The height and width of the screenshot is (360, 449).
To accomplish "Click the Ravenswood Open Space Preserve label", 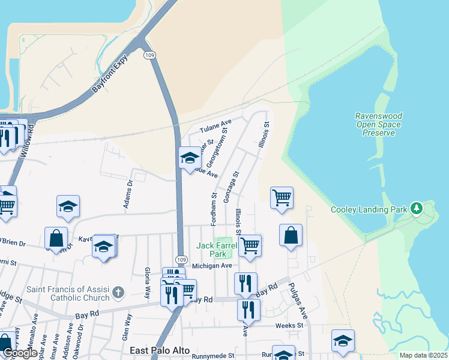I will [378, 124].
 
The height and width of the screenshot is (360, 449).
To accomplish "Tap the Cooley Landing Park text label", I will [369, 209].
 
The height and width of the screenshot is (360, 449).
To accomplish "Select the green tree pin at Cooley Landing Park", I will [415, 209].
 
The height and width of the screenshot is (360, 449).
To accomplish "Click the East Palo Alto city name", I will [160, 350].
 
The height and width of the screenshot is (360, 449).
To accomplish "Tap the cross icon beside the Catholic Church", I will [118, 293].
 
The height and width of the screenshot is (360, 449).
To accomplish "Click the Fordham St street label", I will [214, 209].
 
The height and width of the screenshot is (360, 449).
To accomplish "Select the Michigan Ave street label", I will [211, 265].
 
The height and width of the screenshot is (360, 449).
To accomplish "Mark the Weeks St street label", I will [289, 325].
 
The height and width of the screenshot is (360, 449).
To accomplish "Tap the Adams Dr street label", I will [127, 196].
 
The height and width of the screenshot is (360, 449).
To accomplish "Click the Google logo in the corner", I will [19, 353].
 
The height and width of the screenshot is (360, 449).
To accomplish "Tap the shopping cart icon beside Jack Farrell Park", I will [249, 245].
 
